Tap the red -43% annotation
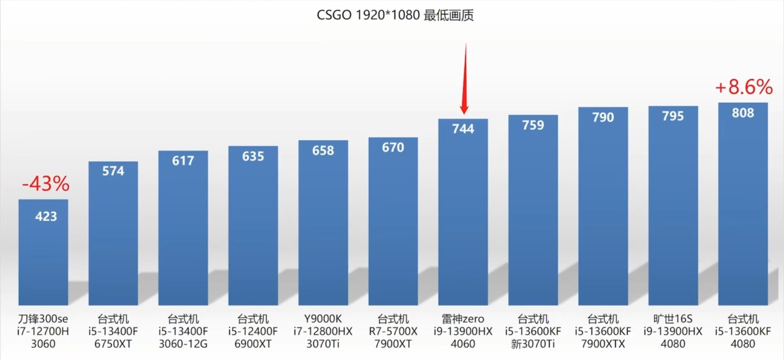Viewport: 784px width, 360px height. pos(45,184)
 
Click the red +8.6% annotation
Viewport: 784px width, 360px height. pos(744,88)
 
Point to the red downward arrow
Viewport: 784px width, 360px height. pos(464,80)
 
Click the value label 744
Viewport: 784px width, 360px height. pos(463,129)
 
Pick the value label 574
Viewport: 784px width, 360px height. pos(113,171)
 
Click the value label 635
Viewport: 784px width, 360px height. pos(253,156)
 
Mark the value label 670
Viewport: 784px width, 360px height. pos(393,148)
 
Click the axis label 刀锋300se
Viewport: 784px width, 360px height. pos(43,319)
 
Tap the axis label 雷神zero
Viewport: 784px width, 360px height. pos(463,319)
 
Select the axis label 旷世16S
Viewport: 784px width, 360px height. pos(673,319)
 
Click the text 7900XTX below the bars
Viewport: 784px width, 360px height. pos(603,343)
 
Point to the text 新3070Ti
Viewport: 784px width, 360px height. pos(533,343)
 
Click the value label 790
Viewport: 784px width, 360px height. pos(603,118)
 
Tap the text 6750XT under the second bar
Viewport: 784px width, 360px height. pos(113,343)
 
